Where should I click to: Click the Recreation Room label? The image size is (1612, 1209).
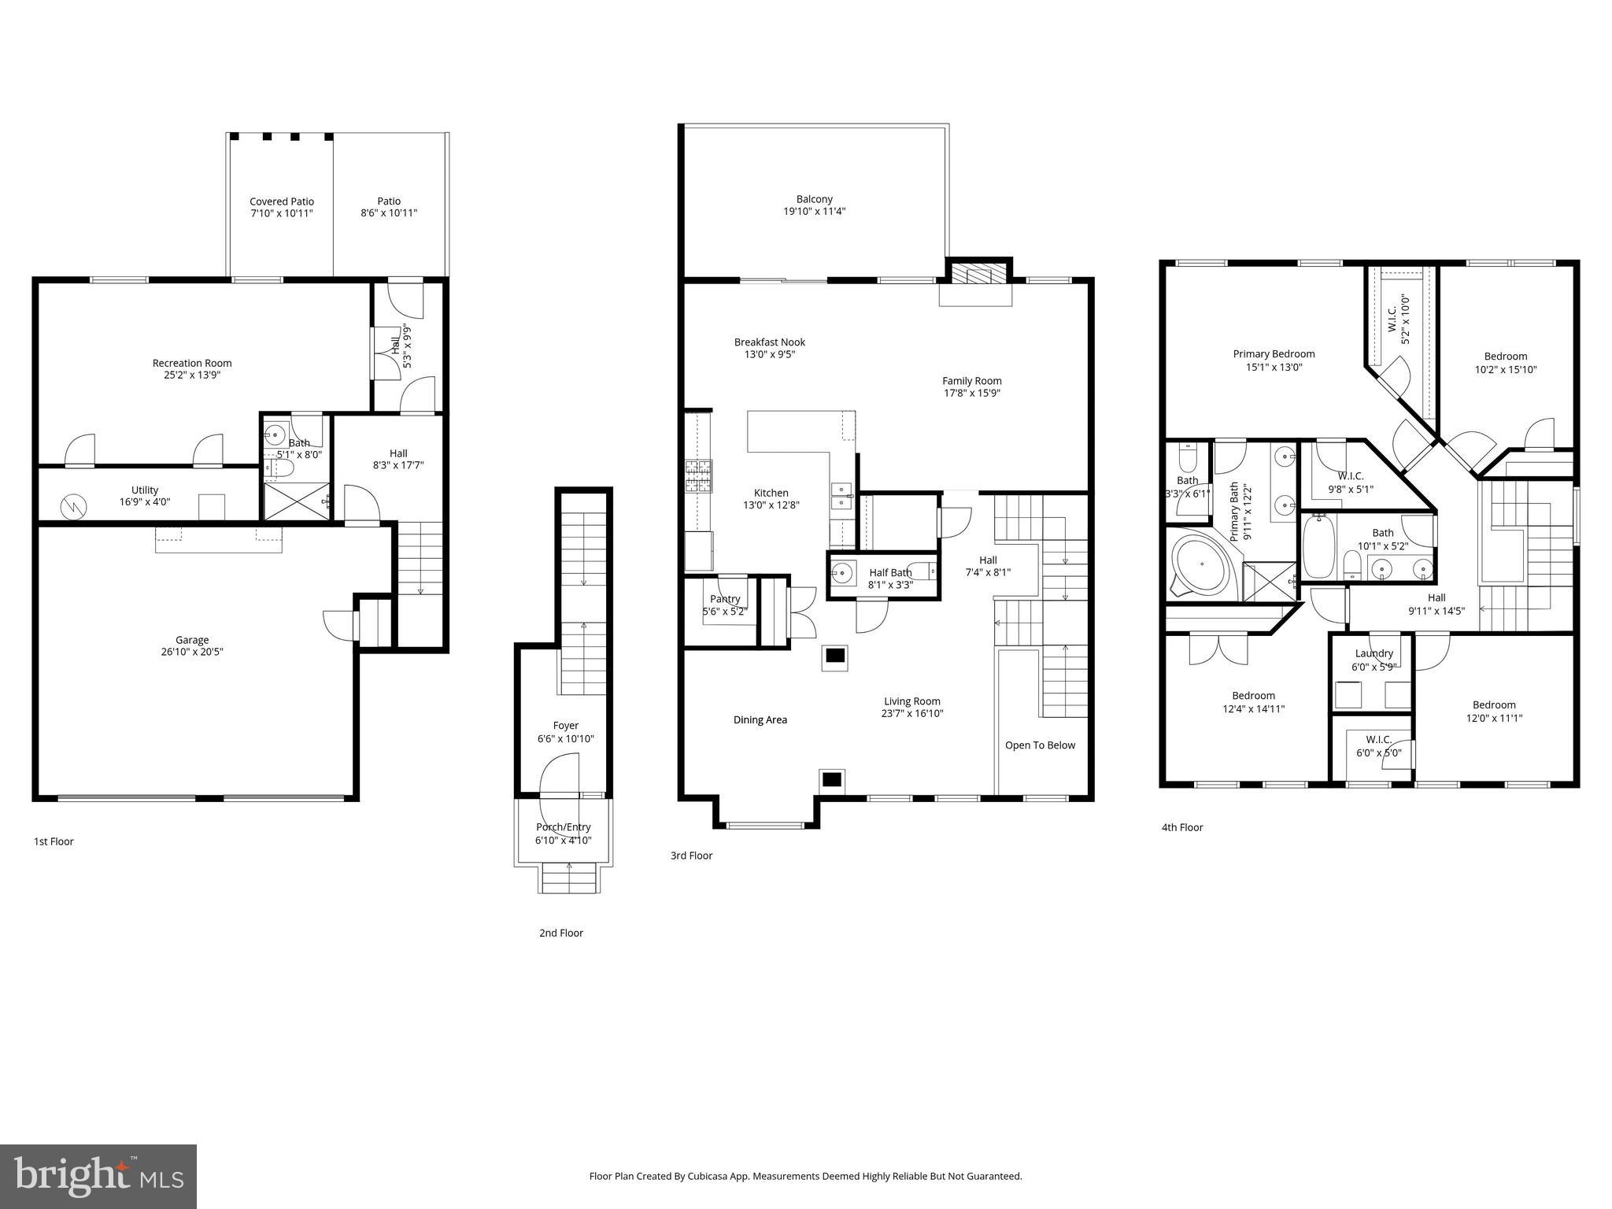[x=192, y=363]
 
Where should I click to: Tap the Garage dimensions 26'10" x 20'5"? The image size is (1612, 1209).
[x=192, y=652]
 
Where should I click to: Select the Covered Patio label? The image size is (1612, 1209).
[x=281, y=201]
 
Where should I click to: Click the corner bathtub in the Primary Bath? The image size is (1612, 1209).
[x=1200, y=564]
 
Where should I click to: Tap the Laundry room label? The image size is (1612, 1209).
[x=1374, y=653]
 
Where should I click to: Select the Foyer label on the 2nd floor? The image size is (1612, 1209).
[x=565, y=726]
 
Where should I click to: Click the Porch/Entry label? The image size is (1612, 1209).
[x=563, y=826]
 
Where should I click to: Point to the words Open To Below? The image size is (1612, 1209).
[x=1039, y=745]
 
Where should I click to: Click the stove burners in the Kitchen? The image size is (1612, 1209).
[x=698, y=476]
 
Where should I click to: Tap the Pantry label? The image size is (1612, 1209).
[x=724, y=599]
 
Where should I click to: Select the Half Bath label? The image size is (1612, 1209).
[x=889, y=572]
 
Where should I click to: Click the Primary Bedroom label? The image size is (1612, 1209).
[x=1273, y=354]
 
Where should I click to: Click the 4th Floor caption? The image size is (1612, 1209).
[x=1181, y=827]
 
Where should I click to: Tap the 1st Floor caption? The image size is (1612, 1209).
[x=54, y=841]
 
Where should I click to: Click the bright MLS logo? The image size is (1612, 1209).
[x=98, y=1176]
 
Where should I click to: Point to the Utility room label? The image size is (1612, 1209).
[x=145, y=490]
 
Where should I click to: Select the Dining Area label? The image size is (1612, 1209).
[x=760, y=719]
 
